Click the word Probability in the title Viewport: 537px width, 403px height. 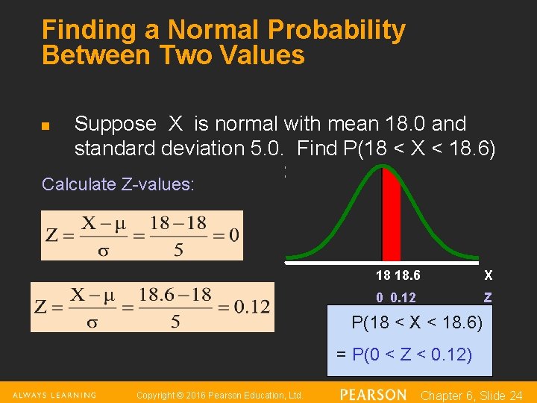328,30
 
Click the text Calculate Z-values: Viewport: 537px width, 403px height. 118,184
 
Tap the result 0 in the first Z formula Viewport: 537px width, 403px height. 233,235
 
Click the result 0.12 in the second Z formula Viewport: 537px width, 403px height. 251,307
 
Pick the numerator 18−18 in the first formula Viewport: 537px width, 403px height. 175,223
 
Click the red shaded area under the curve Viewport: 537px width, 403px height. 391,216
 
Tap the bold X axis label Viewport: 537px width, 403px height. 488,275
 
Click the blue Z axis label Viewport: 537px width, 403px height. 488,297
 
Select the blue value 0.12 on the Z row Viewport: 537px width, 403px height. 403,297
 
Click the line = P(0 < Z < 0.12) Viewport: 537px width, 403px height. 404,354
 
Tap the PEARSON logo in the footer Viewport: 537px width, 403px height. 373,394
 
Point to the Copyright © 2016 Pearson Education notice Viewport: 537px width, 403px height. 219,395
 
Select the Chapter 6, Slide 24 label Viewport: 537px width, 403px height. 471,395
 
